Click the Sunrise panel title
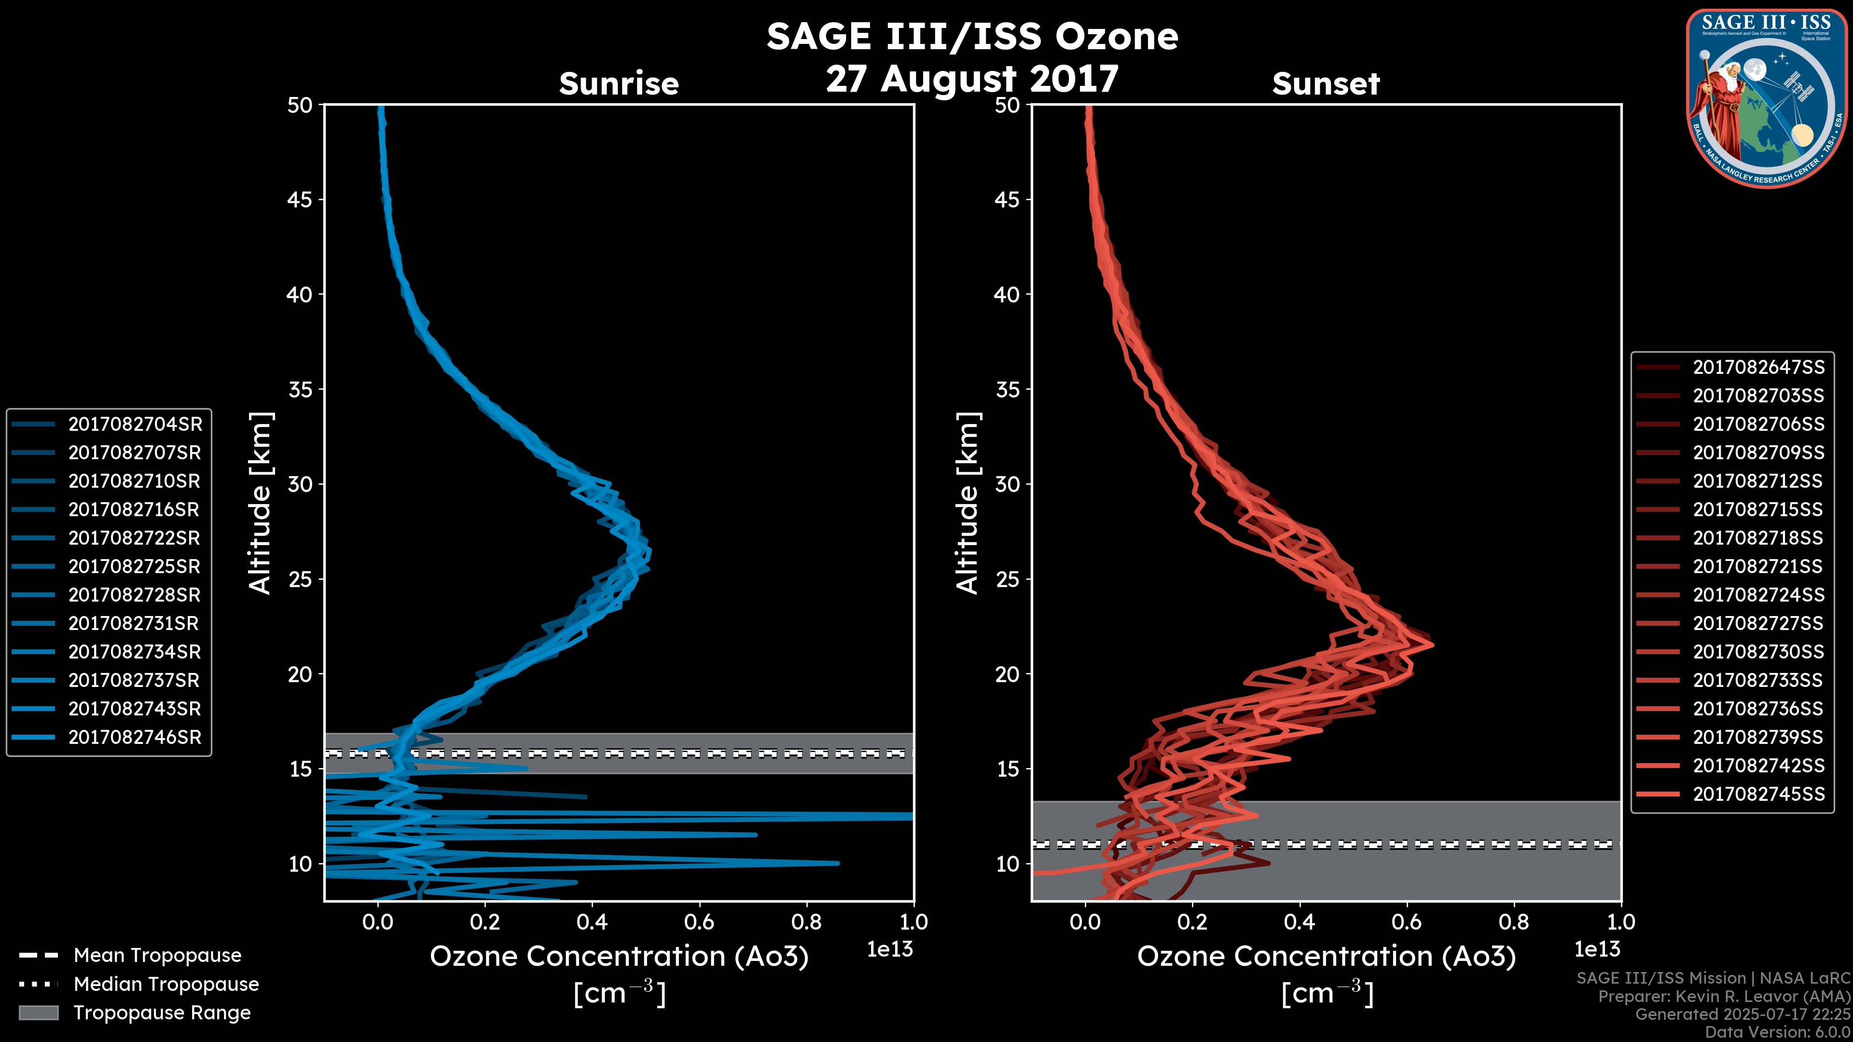(x=619, y=83)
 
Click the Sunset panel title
(x=1326, y=83)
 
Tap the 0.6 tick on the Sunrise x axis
(x=699, y=922)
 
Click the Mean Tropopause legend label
(x=157, y=955)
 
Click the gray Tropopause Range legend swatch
(x=38, y=1013)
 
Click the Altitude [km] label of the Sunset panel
(x=968, y=503)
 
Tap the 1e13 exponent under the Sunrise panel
(x=890, y=949)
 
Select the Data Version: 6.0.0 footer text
(x=1778, y=1032)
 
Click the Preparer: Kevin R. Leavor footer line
(x=1724, y=996)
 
